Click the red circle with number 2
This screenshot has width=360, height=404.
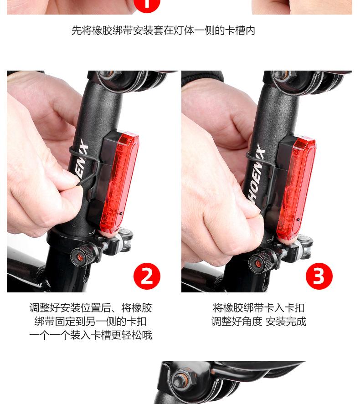coord(147,276)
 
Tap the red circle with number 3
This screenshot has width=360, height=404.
coord(319,276)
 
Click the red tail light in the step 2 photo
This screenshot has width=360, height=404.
coord(120,182)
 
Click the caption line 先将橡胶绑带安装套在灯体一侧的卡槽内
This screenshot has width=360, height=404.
coord(163,31)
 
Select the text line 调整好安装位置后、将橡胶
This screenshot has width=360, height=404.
coord(91,308)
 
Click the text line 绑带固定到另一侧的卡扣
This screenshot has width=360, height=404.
coord(91,322)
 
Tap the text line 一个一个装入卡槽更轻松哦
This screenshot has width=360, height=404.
coord(91,336)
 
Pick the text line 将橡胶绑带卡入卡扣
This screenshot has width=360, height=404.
coord(258,308)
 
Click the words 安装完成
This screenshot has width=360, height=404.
coord(286,322)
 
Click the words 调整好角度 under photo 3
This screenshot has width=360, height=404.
coord(237,322)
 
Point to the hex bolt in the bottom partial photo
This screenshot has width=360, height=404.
coord(179,379)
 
